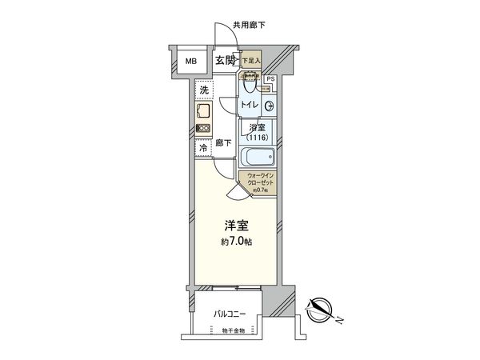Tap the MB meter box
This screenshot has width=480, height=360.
(x=192, y=61)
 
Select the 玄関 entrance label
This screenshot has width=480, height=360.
(x=224, y=60)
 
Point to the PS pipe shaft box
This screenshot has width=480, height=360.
(x=270, y=79)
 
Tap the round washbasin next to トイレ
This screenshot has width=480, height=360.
(x=270, y=106)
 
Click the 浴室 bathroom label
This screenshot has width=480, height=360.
(x=258, y=127)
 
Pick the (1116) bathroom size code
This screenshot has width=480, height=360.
(x=258, y=138)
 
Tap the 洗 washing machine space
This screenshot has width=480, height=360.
(x=203, y=90)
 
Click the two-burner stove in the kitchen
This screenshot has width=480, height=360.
(x=203, y=128)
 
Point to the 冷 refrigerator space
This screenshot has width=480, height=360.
(x=203, y=147)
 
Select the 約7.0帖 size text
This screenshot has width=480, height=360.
(x=238, y=242)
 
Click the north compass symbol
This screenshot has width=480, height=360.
(x=320, y=308)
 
